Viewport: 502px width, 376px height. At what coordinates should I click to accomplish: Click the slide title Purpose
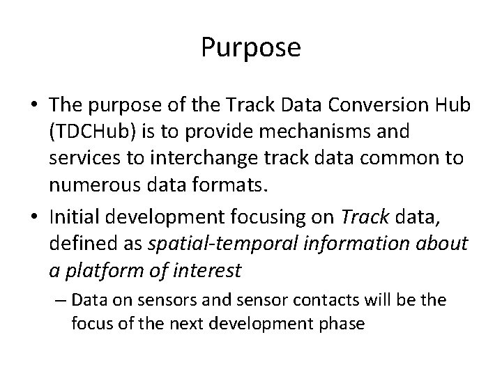(x=251, y=48)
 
